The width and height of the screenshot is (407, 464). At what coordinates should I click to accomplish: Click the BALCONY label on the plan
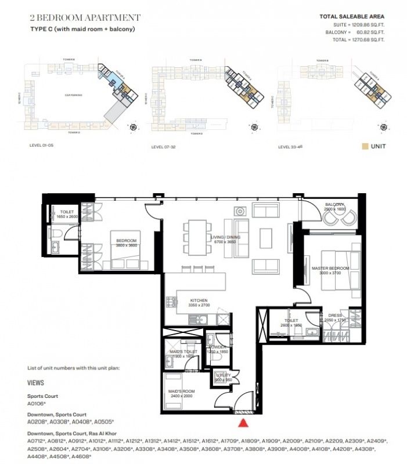pos(334,204)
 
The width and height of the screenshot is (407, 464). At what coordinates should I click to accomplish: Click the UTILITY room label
pos(224,375)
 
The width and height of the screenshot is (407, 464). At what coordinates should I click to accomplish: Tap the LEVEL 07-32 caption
pos(164,147)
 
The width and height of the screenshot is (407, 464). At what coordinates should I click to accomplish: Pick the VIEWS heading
pos(36,383)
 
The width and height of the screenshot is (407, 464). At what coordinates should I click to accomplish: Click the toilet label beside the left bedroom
pos(67,213)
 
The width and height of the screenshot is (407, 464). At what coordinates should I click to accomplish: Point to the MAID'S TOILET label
pos(182,351)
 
